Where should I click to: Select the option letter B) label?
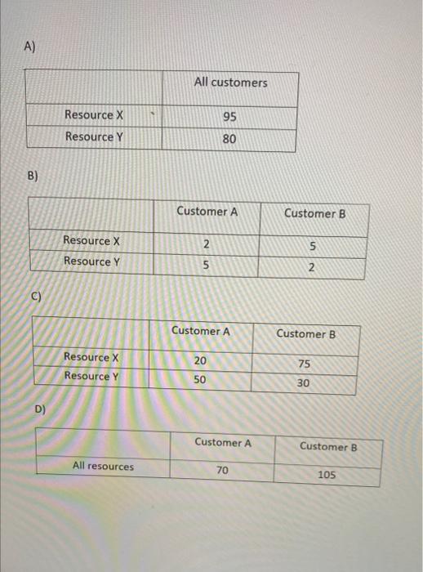[33, 176]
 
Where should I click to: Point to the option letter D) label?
[40, 409]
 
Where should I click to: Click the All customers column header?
[230, 83]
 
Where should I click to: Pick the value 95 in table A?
[229, 117]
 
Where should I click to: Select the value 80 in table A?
[229, 139]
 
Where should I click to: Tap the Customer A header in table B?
[207, 212]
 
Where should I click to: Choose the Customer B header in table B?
[315, 213]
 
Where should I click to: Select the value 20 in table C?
[200, 360]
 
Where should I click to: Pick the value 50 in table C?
[200, 380]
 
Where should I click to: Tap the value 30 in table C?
[304, 384]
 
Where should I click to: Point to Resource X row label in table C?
[91, 357]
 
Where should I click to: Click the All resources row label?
[103, 467]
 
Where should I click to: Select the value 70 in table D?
[222, 470]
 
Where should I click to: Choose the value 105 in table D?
[327, 474]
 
